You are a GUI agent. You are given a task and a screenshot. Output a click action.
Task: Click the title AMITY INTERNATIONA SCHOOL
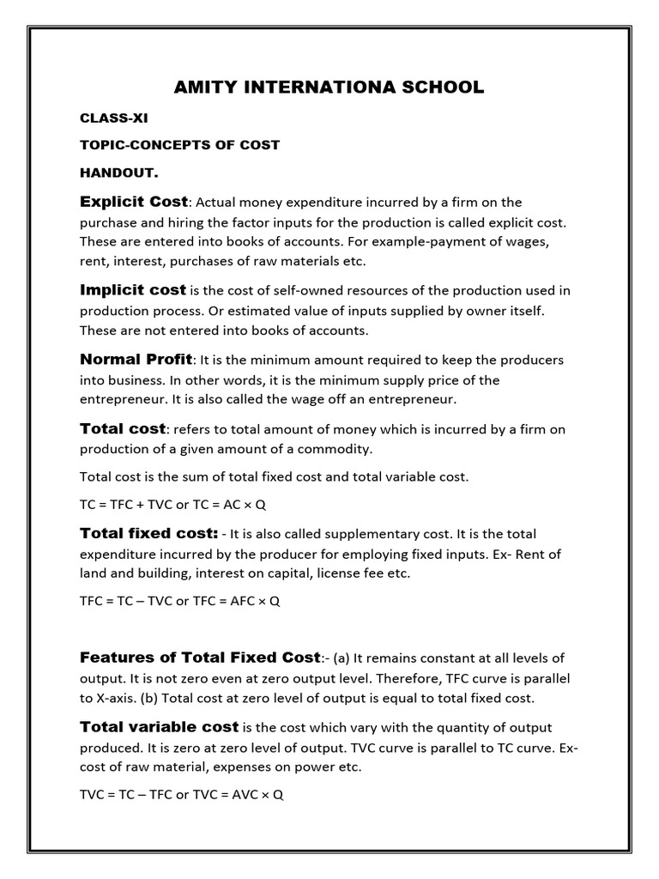tap(329, 87)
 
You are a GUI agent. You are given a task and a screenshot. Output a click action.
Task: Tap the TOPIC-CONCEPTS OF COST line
tap(179, 144)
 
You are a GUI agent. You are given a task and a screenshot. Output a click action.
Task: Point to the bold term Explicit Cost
tap(133, 202)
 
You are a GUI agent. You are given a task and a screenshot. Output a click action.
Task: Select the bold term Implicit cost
tap(132, 290)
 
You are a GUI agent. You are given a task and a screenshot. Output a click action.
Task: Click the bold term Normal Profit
tap(136, 359)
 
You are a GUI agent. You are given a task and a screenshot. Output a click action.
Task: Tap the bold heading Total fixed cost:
tap(148, 533)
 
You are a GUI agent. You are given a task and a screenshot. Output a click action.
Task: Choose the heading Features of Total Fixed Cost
tap(199, 658)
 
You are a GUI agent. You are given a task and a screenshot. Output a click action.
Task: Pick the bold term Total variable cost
tap(159, 726)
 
